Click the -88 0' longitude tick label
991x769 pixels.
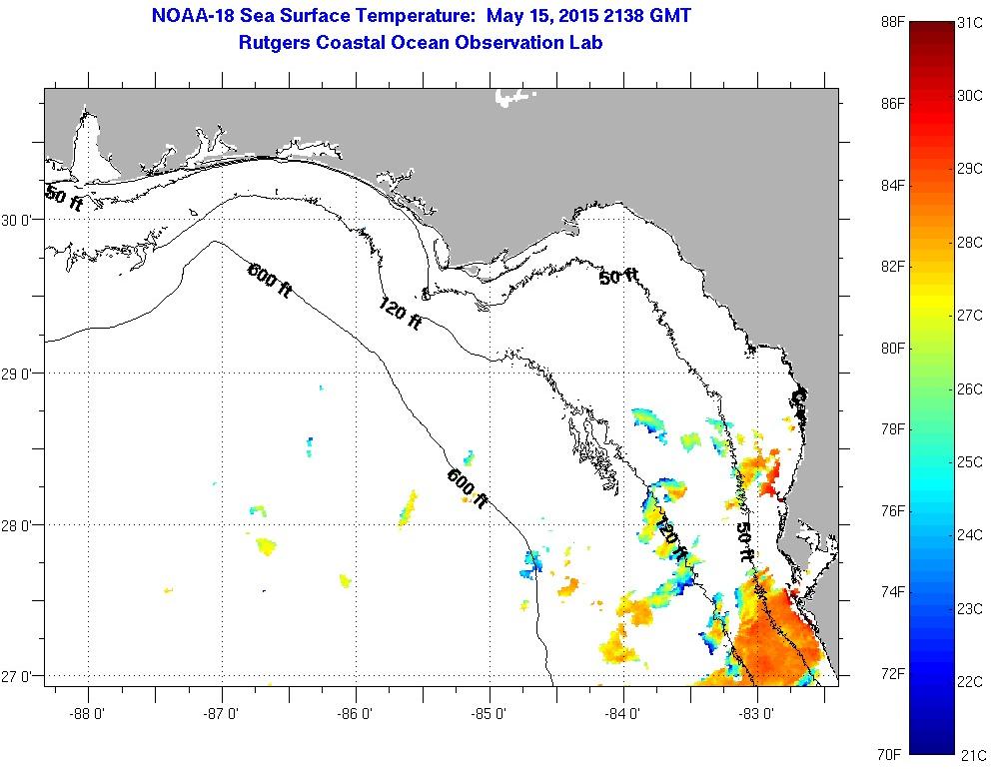click(88, 715)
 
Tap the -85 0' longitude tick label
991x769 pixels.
click(491, 715)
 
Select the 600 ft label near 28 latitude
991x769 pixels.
click(468, 488)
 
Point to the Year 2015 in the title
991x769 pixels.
click(565, 16)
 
